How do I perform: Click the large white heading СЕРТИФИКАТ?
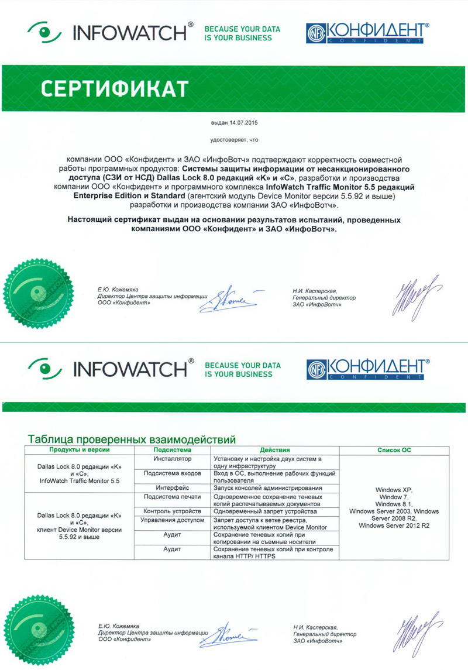click(115, 89)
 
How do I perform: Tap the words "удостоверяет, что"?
click(234, 140)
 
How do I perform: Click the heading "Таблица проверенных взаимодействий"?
click(132, 438)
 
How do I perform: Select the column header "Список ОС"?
click(394, 450)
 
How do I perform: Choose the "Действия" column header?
click(274, 450)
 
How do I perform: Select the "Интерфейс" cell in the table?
click(173, 488)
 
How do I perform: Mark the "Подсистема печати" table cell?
click(173, 496)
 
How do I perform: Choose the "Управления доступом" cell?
click(173, 520)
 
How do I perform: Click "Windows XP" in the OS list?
click(394, 487)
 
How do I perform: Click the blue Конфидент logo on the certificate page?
click(367, 33)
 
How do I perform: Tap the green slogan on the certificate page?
click(242, 33)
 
